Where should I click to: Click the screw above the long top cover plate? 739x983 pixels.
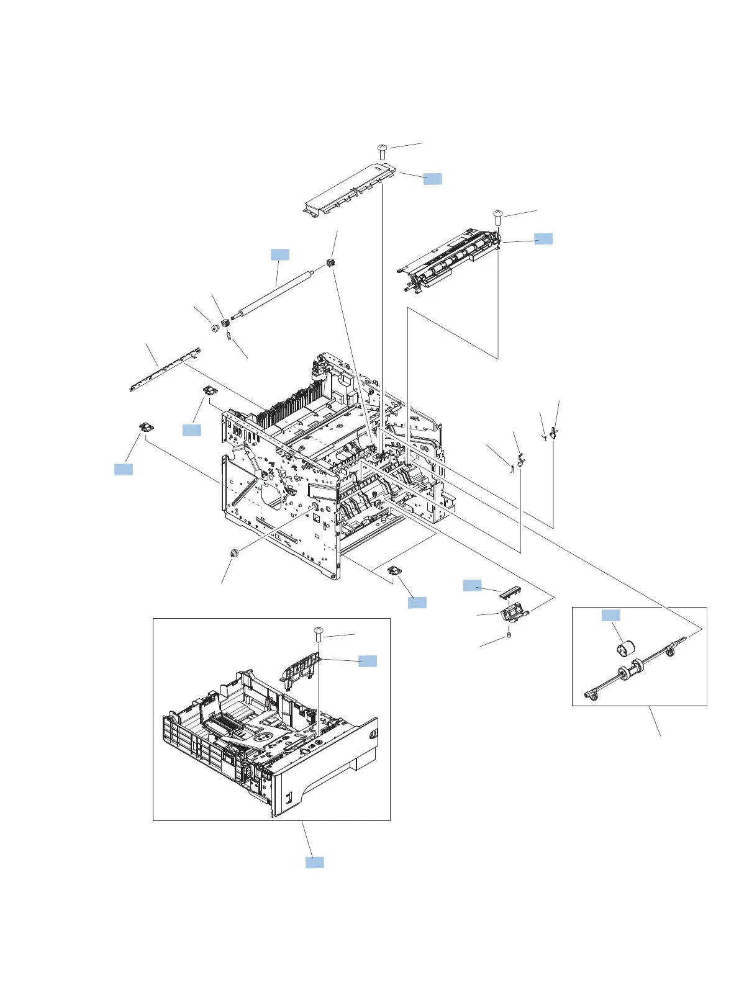[383, 150]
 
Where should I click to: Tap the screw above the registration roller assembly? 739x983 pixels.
[498, 218]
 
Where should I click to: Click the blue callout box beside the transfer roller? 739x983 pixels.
[279, 254]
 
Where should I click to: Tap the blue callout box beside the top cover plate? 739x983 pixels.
[433, 179]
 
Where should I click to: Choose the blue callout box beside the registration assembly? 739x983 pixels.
[543, 238]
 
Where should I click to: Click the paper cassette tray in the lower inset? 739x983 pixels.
[267, 745]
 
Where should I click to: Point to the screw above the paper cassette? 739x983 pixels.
[319, 634]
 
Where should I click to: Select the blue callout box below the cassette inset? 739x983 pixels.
[314, 862]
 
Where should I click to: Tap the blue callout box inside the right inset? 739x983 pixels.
[610, 615]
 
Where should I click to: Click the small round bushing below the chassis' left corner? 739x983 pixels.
[235, 553]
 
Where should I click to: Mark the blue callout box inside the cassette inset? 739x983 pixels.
[368, 660]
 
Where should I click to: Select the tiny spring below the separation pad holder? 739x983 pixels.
[509, 635]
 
